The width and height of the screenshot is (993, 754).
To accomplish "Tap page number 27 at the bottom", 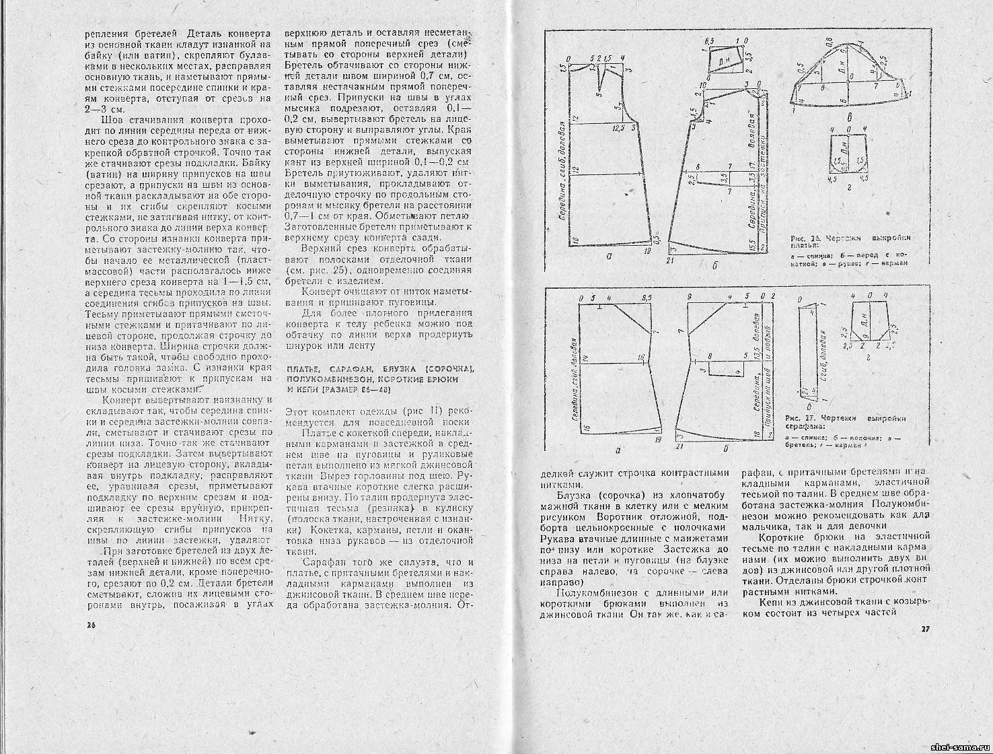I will coord(925,629).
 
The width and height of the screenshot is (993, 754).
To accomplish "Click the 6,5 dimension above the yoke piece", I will coord(708,61).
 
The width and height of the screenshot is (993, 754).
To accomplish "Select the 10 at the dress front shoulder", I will coord(702,85).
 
